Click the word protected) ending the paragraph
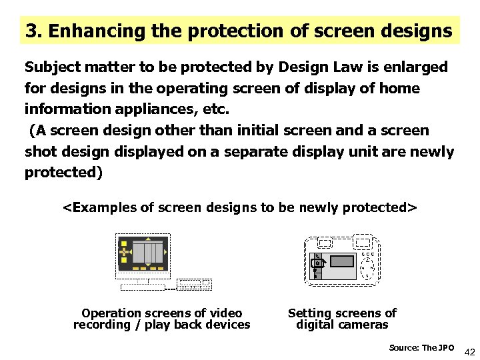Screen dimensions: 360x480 point(64,173)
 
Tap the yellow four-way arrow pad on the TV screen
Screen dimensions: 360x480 point(124,253)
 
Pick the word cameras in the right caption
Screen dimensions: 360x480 point(365,325)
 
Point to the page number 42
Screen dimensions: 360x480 point(469,351)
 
